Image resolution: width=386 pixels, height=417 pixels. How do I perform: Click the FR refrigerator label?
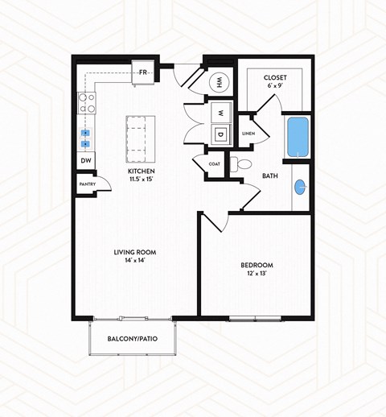click(x=143, y=72)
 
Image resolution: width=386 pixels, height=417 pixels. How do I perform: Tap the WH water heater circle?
click(x=218, y=82)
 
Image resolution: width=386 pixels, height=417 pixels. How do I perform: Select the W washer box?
click(x=218, y=112)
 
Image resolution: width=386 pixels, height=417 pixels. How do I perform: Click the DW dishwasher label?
click(x=86, y=161)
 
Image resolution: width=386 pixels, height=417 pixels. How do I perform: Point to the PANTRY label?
click(x=87, y=184)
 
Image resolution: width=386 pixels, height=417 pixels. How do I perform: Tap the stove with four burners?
click(x=86, y=102)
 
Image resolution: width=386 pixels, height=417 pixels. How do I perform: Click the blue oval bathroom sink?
click(x=301, y=187)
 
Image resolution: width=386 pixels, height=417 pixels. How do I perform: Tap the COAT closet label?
click(x=213, y=164)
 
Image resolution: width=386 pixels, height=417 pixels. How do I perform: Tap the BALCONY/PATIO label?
click(x=133, y=339)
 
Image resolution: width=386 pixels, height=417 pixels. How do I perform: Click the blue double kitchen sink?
click(x=86, y=138)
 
